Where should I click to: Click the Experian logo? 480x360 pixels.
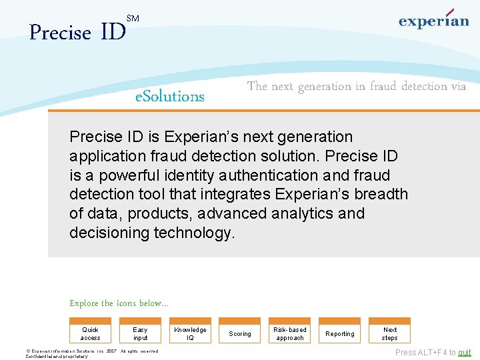coord(433,20)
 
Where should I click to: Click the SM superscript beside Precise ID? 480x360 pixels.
coord(133,19)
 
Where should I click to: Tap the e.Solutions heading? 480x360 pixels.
coord(170,97)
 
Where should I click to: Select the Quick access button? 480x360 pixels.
coord(90,333)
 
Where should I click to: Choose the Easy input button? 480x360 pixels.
coord(140,333)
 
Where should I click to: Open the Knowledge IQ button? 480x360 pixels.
coord(190,333)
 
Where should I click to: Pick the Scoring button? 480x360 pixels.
coord(240,333)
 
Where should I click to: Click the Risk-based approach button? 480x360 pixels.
coord(290,333)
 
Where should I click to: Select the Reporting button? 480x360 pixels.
coord(340,333)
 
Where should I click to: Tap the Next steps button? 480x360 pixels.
coord(390,333)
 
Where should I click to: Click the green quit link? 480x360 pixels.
coord(464,353)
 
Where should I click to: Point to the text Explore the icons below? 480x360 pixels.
coord(119,303)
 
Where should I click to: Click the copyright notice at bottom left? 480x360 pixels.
coord(91,353)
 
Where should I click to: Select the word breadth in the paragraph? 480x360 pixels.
coord(382,194)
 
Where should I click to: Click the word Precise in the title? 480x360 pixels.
coord(61,33)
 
